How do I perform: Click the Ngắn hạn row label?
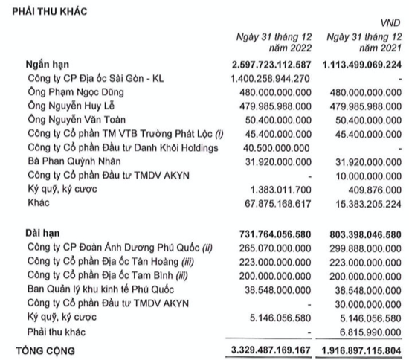pyautogui.click(x=46, y=65)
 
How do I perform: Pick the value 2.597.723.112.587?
pyautogui.click(x=274, y=65)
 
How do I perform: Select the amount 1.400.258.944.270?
pyautogui.click(x=274, y=78)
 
